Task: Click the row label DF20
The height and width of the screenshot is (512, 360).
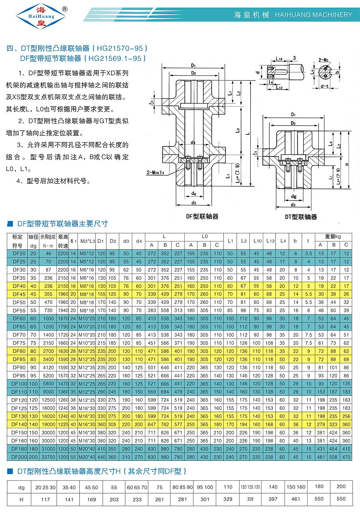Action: (x=19, y=253)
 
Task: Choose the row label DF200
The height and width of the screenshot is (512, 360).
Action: (x=19, y=457)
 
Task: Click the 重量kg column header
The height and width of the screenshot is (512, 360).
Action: (x=333, y=237)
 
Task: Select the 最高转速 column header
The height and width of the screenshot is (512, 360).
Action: (x=63, y=241)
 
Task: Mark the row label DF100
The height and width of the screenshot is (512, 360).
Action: (x=19, y=384)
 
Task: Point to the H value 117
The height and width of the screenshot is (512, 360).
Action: (x=46, y=499)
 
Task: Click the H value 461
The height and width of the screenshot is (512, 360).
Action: (x=295, y=499)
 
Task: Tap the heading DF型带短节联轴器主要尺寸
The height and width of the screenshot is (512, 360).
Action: (x=62, y=224)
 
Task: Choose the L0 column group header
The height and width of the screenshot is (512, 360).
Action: (x=204, y=237)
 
